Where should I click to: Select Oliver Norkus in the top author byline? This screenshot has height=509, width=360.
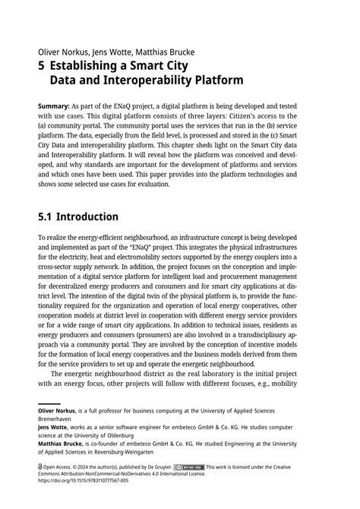click(60, 52)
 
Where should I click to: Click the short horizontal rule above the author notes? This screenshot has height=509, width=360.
click(49, 403)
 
